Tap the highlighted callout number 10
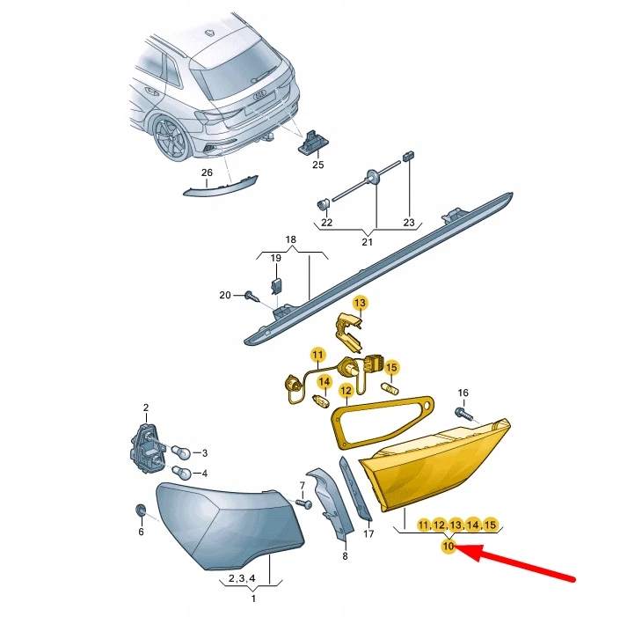449,547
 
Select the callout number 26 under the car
207,173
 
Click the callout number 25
317,165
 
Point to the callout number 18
290,239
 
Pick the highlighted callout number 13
359,303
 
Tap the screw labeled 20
251,296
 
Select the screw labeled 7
304,503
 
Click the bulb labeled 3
182,452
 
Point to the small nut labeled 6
140,510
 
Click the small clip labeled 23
408,156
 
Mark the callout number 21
368,242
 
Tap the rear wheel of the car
170,137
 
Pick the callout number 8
345,556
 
